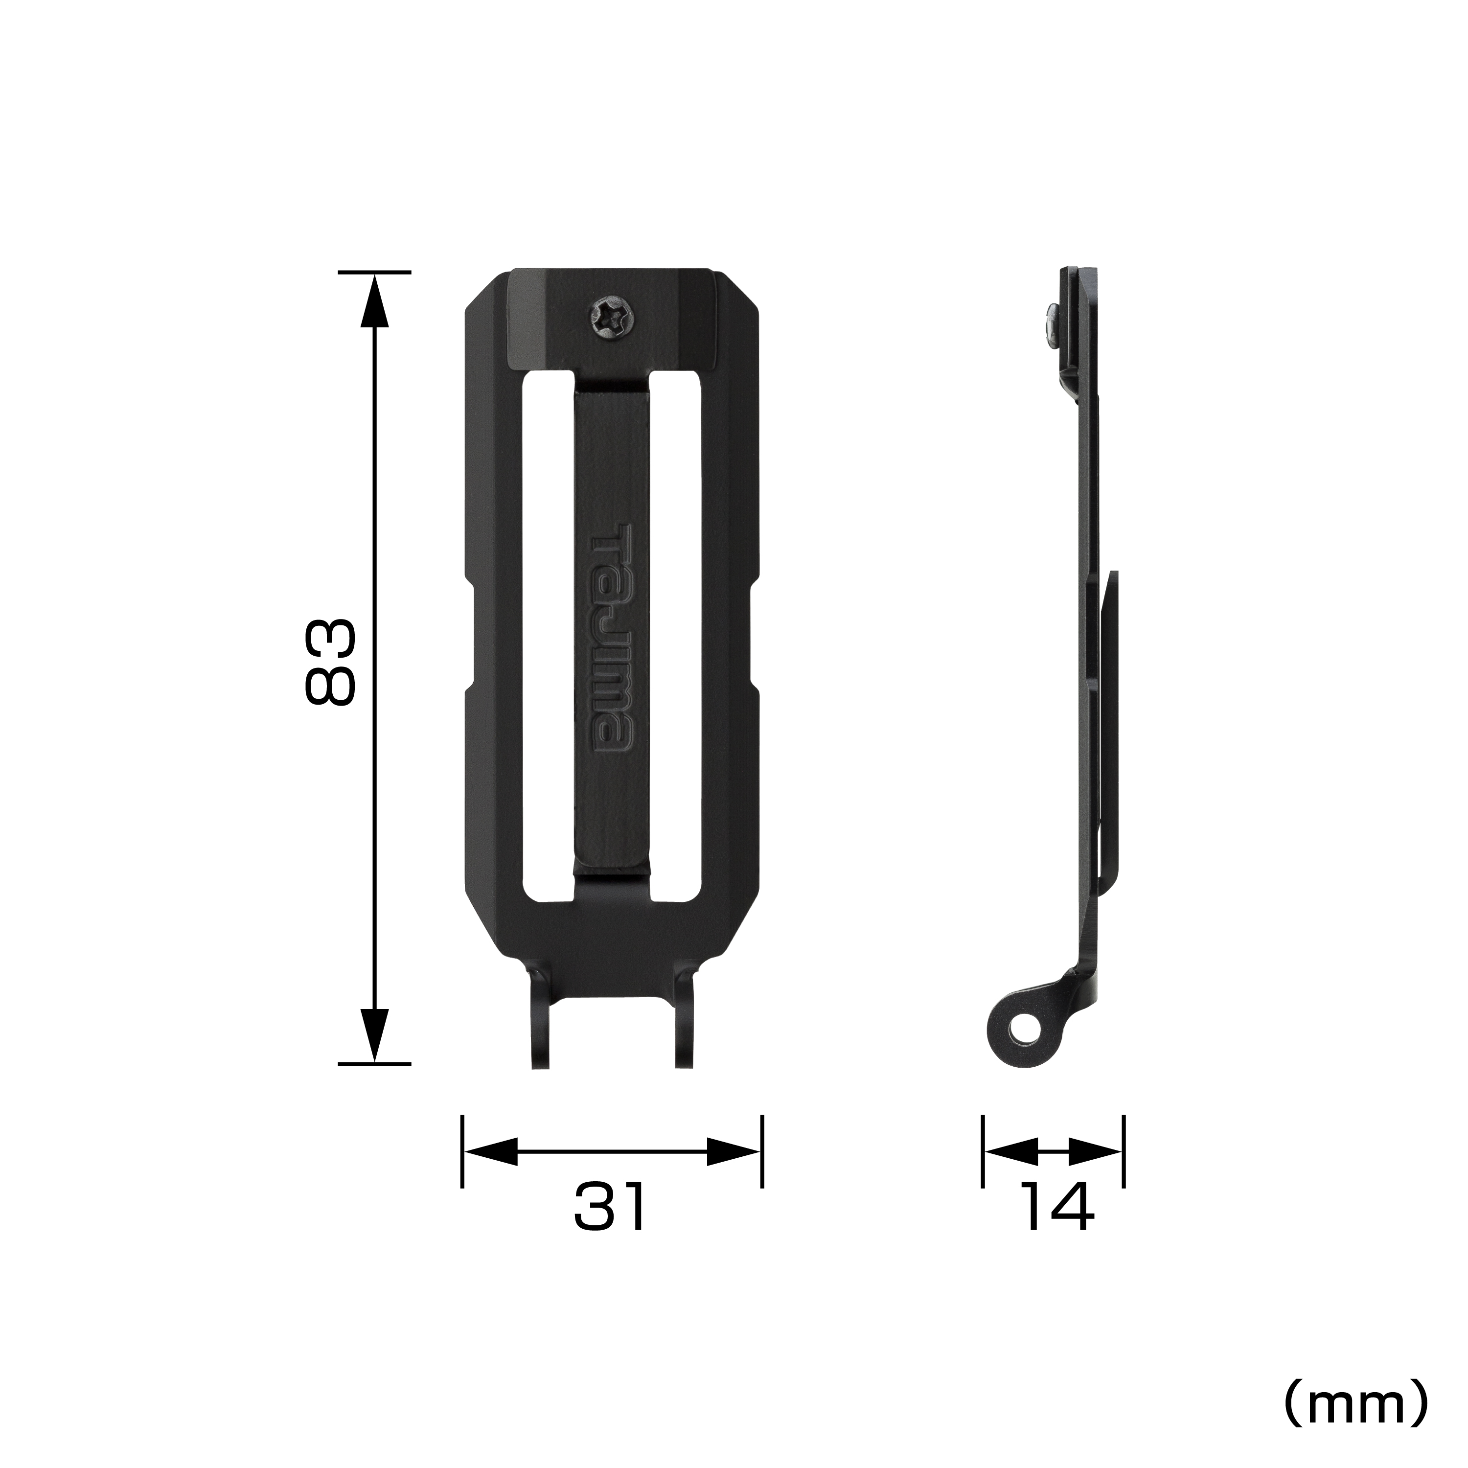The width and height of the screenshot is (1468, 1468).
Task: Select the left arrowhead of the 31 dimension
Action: [490, 1151]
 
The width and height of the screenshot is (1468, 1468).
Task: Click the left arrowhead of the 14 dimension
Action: [1010, 1151]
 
